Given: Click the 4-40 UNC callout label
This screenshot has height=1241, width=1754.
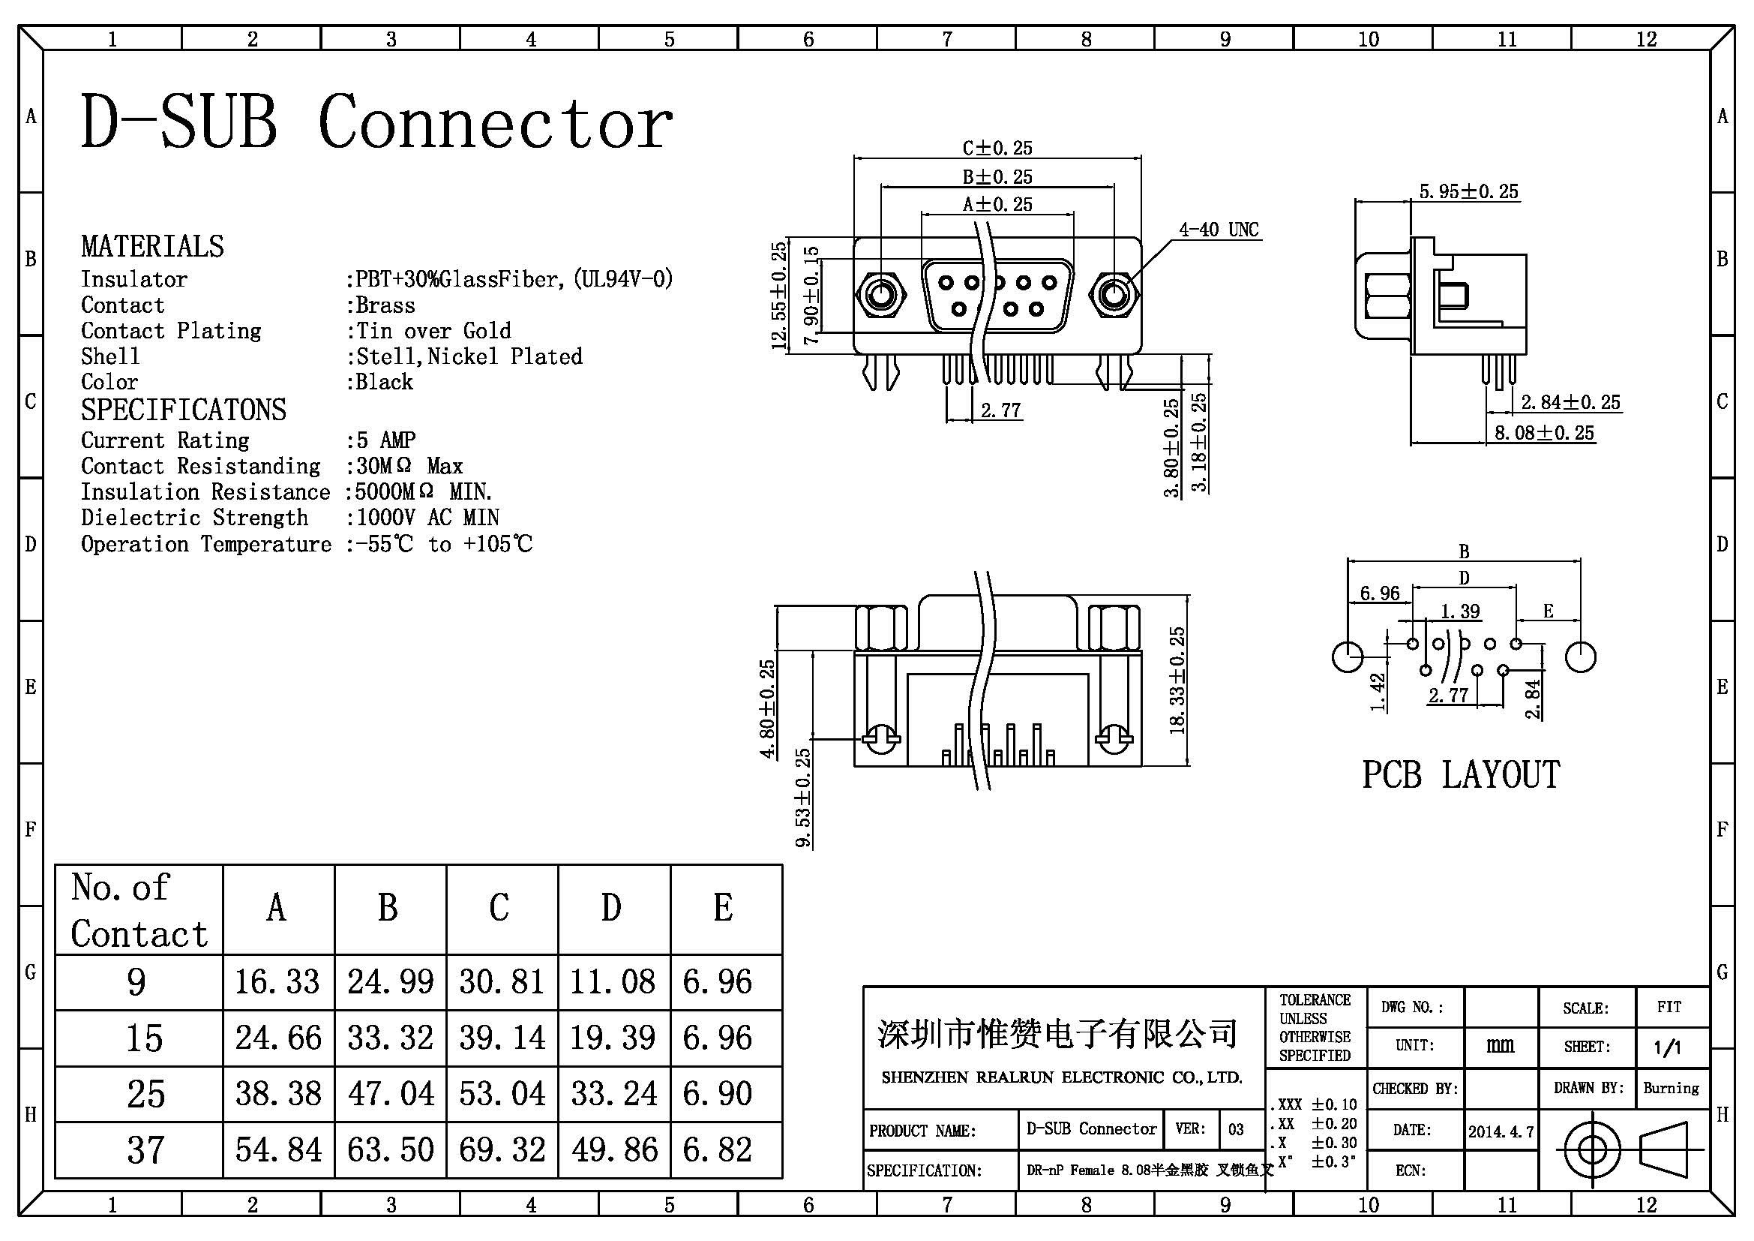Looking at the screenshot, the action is click(1219, 230).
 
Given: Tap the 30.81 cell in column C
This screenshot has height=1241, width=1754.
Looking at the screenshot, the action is click(502, 981).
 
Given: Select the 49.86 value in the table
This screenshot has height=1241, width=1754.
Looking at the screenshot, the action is click(614, 1149).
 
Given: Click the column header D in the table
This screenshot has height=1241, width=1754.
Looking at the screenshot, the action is click(611, 908).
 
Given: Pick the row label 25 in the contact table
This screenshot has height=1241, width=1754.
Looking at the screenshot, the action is click(146, 1093).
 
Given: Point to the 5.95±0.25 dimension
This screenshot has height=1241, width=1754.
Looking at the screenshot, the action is click(1469, 191).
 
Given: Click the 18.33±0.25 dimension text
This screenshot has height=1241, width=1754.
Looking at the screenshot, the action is click(1177, 680).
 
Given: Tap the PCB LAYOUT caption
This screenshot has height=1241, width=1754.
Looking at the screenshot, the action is click(1461, 775).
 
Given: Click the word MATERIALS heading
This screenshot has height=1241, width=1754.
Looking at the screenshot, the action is click(153, 246).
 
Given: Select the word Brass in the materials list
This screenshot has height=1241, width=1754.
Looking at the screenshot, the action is click(385, 305).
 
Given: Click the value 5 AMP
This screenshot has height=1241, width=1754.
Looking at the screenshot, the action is click(385, 440).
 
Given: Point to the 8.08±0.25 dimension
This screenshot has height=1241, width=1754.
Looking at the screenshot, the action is click(1544, 432).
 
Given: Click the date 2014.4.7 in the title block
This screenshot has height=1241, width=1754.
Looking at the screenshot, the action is click(1501, 1131).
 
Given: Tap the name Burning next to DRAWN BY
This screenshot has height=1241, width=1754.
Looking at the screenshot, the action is click(1672, 1087).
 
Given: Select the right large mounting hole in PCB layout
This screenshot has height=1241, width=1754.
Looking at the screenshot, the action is click(1581, 657).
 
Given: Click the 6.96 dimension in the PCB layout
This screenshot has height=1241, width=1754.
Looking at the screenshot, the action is click(1380, 593).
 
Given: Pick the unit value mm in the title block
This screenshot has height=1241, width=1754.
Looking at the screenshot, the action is click(1501, 1044).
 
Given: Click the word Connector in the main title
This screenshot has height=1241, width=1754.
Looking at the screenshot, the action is click(496, 122).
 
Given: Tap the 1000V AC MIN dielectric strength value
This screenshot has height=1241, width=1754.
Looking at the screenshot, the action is click(427, 518).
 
